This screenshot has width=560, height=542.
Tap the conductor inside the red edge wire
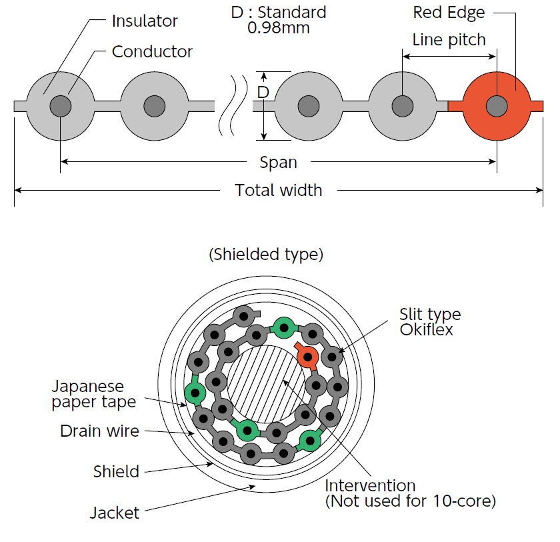click(x=496, y=105)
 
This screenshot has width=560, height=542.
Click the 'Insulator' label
click(x=145, y=21)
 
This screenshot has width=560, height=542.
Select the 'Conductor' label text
click(x=152, y=51)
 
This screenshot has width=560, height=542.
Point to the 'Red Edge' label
click(x=449, y=12)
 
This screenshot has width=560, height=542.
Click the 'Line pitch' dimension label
click(x=449, y=39)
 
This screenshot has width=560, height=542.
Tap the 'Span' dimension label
click(x=278, y=162)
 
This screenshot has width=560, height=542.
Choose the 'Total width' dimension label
click(x=278, y=191)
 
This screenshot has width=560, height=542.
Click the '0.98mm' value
click(x=279, y=28)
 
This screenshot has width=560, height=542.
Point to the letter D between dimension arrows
click(x=263, y=92)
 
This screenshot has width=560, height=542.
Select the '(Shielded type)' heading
click(x=266, y=254)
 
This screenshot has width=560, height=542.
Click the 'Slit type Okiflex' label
click(x=429, y=321)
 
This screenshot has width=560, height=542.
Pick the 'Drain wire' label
click(x=99, y=431)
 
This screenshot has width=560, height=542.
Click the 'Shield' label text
click(x=116, y=472)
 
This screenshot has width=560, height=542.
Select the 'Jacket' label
click(x=114, y=513)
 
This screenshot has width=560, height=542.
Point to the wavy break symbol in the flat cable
click(x=233, y=105)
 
